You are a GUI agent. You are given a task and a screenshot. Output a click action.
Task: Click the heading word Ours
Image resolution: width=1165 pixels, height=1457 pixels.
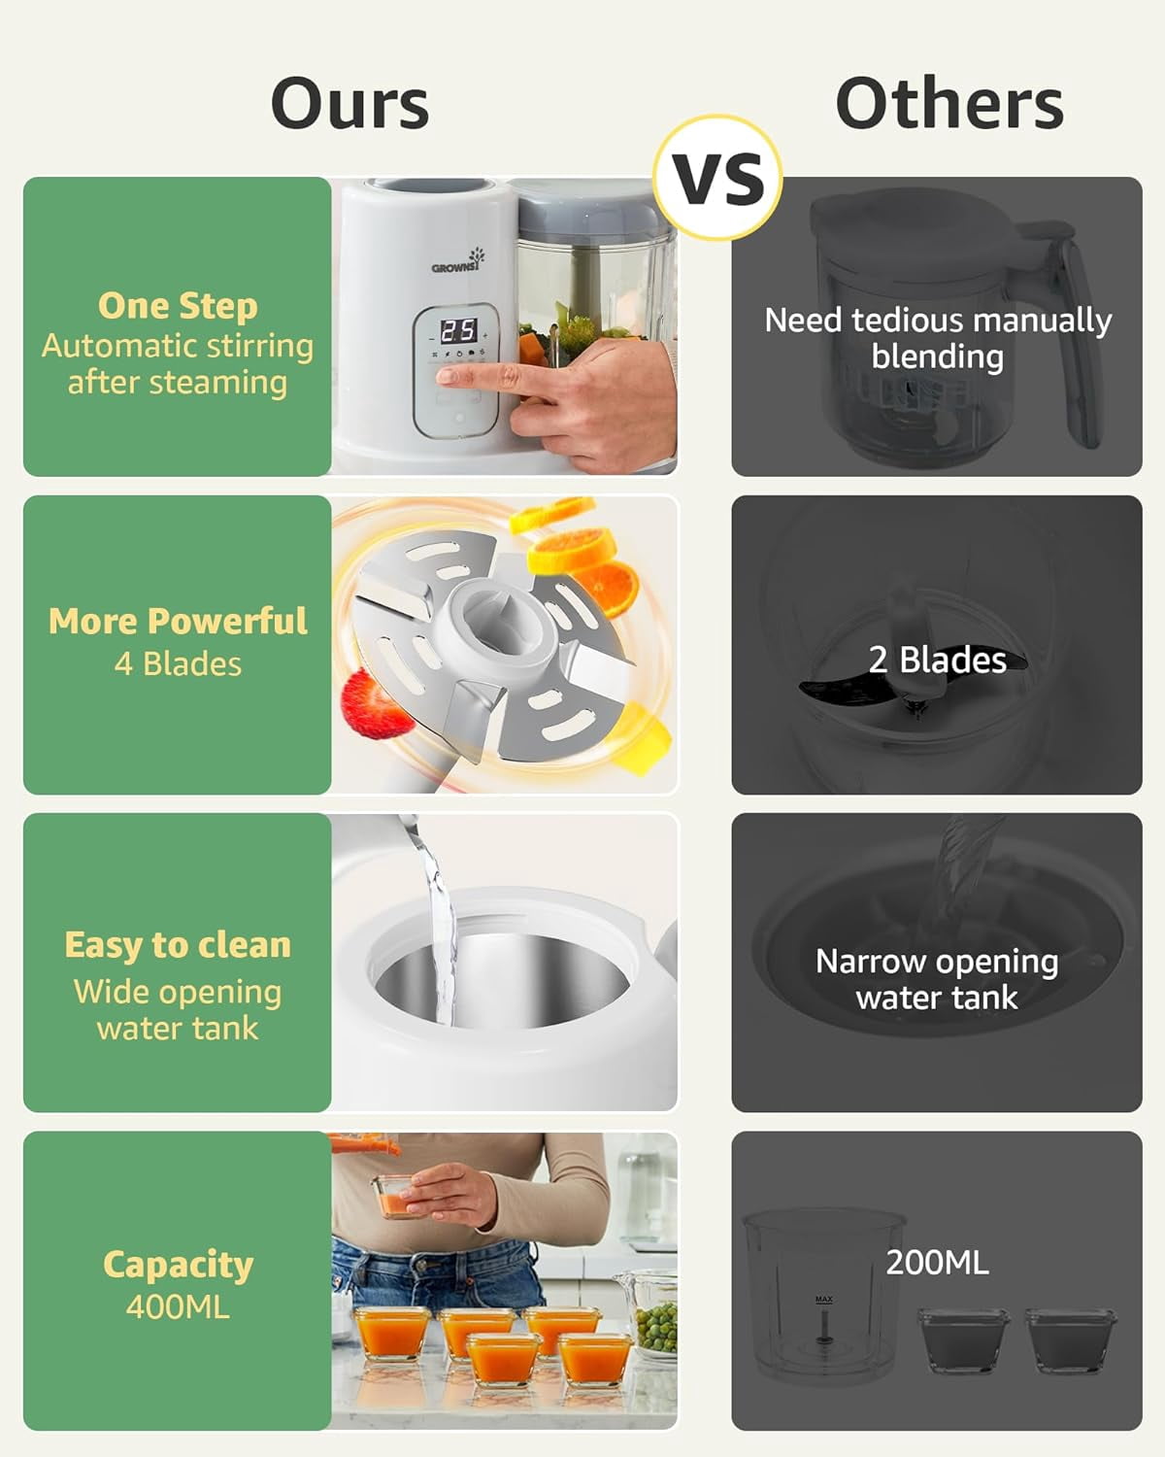pos(349,103)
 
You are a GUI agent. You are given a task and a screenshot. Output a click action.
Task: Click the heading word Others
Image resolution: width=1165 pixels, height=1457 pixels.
pos(949,103)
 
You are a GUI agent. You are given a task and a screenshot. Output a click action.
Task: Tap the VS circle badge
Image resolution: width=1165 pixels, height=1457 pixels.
pos(718,178)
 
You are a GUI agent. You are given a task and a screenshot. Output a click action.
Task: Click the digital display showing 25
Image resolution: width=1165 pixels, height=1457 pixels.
pos(459,331)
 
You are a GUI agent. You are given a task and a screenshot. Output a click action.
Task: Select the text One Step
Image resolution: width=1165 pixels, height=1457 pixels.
pos(178,306)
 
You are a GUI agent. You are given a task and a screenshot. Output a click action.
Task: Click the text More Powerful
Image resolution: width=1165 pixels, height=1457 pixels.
pos(178,621)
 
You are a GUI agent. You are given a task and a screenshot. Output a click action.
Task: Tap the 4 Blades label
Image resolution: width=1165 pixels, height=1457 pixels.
pos(178,664)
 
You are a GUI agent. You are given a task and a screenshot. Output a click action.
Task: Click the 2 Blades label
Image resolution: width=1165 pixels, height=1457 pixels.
pos(938,660)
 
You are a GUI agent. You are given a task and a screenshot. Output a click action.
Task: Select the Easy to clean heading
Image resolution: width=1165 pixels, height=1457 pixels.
pos(178,945)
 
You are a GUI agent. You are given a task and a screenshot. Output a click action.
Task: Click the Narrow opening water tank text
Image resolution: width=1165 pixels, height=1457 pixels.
pos(937,980)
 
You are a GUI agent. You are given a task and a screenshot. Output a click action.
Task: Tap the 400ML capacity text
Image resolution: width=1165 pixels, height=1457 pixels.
pos(178,1307)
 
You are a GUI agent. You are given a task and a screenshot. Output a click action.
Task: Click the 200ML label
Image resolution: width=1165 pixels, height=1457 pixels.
pos(938,1263)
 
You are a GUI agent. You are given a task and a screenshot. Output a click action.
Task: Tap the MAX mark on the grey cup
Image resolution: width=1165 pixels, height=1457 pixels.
pos(824,1300)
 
